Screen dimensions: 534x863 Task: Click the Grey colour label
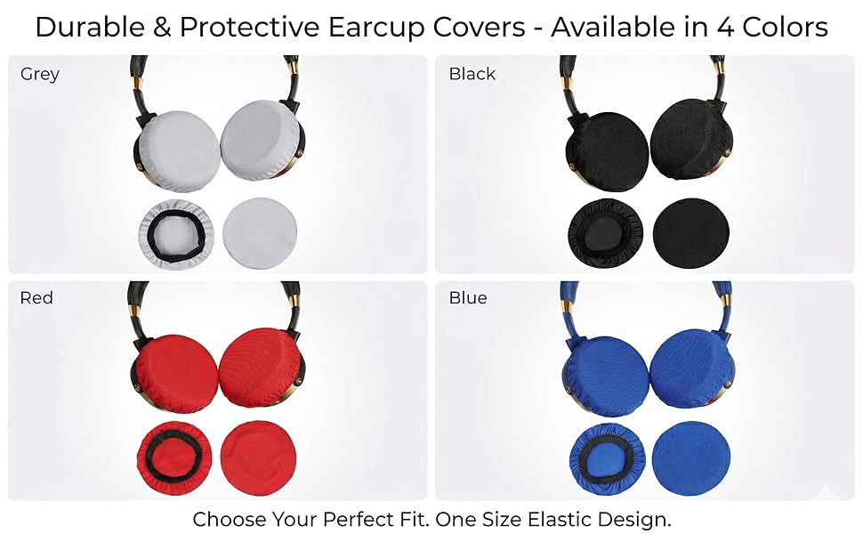(40, 74)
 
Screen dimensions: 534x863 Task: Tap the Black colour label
(472, 74)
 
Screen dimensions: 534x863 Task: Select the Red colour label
(36, 297)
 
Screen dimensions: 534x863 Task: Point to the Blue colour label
(468, 297)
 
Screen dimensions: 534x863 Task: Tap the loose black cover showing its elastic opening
(605, 232)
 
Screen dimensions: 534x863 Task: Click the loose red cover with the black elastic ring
(175, 455)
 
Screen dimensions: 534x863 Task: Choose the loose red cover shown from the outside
(258, 455)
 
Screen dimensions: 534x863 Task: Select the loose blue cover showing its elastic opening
(605, 455)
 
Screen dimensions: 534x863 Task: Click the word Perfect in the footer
(378, 518)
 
